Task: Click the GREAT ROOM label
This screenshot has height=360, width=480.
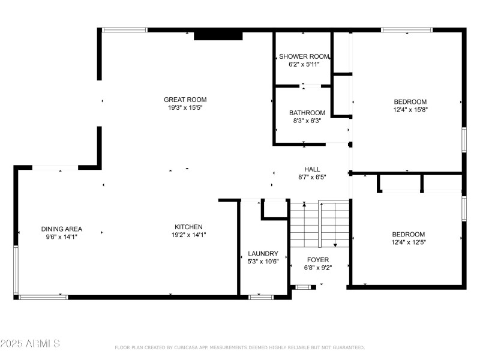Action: tap(185, 100)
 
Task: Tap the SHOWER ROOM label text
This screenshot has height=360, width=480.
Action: tap(304, 56)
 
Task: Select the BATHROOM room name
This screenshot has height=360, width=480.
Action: tap(307, 113)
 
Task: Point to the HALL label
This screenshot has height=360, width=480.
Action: tap(312, 169)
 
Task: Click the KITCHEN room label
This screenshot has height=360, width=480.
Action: tap(188, 227)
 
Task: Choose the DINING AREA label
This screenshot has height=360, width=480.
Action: tap(62, 229)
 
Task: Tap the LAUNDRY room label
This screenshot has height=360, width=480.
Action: tap(263, 253)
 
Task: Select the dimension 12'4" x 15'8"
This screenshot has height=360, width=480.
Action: tap(410, 110)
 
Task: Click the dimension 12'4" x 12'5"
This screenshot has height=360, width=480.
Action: tap(409, 242)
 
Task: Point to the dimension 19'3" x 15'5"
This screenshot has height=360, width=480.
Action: tap(185, 108)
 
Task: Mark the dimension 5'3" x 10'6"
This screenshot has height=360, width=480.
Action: tap(263, 262)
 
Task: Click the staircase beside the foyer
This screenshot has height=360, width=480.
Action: tap(319, 224)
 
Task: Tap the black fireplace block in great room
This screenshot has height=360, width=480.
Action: tap(218, 36)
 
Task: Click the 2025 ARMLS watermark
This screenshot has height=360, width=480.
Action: tap(30, 344)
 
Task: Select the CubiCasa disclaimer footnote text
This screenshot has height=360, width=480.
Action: tap(239, 347)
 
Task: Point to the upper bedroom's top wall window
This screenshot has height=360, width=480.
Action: tap(406, 29)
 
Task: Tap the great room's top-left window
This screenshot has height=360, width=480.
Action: tap(125, 29)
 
